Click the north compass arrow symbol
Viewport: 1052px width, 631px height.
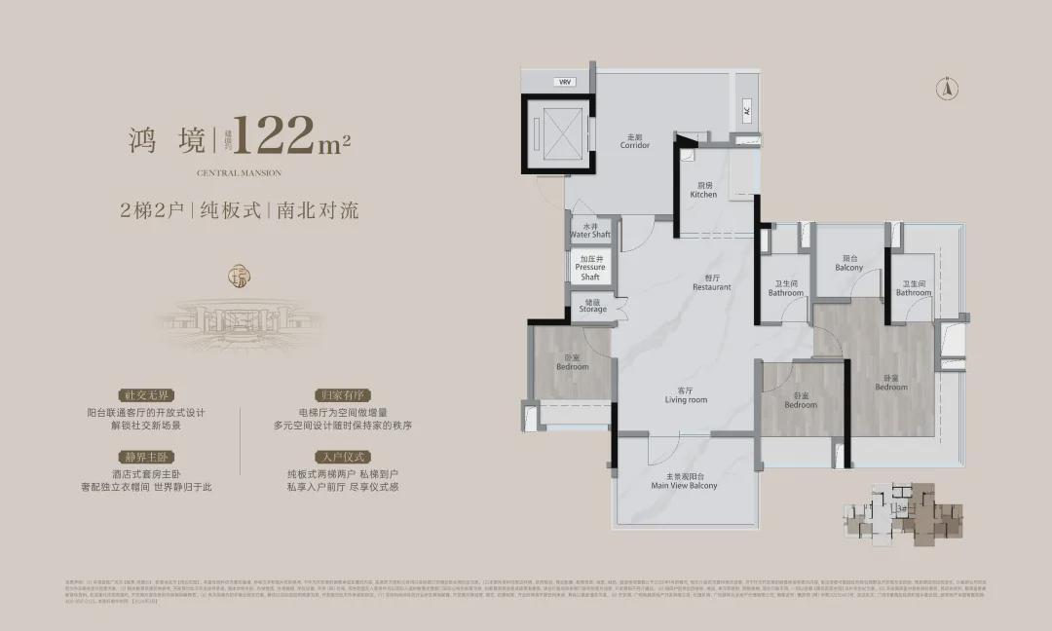point(944,89)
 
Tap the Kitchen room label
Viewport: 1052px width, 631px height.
point(703,190)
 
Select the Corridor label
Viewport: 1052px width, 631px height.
point(635,142)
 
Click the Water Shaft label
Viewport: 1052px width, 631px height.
point(590,231)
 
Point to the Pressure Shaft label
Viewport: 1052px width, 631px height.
point(590,268)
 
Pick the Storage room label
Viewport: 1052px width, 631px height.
point(592,306)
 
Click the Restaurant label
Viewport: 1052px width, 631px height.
point(712,283)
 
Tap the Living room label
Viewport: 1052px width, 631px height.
point(686,395)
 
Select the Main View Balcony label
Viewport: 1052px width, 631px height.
point(684,481)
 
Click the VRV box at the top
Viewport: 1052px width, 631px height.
point(564,83)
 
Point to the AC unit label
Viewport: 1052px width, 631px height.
point(747,110)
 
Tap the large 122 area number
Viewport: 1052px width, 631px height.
point(277,137)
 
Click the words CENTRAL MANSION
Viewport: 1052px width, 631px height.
point(239,173)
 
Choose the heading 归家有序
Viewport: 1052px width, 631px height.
point(335,396)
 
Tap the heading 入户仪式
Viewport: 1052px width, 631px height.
point(335,457)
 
